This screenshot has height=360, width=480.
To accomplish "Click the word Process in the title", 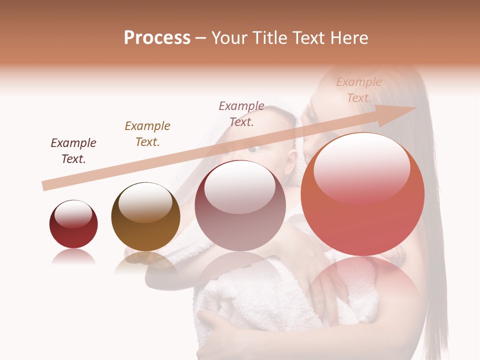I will (x=157, y=38).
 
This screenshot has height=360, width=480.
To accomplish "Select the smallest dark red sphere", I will (x=73, y=224).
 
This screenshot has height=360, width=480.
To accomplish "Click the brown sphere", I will (x=145, y=216).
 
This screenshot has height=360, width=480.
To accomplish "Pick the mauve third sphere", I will (x=240, y=205).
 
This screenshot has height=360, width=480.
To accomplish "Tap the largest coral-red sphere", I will (x=362, y=194).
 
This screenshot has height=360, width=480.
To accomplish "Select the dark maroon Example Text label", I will (x=73, y=151).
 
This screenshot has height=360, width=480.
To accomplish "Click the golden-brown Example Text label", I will (x=147, y=133).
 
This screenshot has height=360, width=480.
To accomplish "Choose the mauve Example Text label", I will (x=241, y=113).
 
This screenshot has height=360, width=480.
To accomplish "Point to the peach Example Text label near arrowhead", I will (x=359, y=90).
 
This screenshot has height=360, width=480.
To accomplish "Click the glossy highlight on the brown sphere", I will (x=145, y=201).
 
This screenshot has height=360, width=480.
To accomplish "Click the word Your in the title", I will (x=229, y=38).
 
